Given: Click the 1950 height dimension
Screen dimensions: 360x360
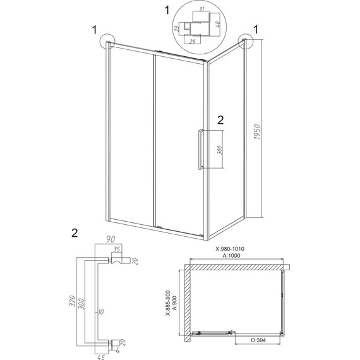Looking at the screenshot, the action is [258, 132].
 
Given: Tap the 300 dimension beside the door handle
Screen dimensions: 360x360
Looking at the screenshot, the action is [220, 150].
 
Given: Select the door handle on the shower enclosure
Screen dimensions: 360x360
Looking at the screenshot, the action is [201, 150].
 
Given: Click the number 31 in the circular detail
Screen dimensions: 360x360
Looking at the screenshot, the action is [201, 9].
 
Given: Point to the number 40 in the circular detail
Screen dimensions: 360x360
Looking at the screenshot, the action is [218, 23].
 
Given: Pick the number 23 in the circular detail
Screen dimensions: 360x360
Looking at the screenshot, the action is [177, 28].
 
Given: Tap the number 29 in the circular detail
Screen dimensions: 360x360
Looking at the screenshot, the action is [193, 42].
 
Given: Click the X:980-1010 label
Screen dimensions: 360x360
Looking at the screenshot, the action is [230, 249].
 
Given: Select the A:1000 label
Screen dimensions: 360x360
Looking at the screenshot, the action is [231, 255].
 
